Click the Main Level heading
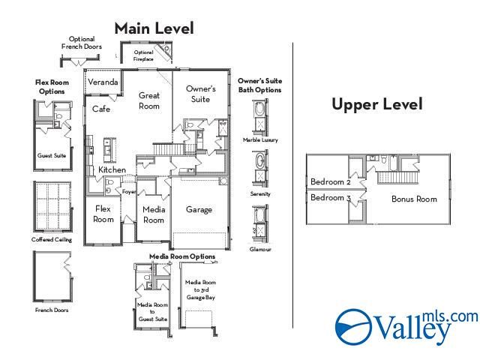(154, 28)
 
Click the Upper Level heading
(376, 104)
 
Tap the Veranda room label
(103, 82)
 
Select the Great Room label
(149, 100)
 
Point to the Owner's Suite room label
(200, 94)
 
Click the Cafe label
(101, 109)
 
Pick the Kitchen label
(112, 170)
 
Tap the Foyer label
(129, 192)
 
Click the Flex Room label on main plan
(103, 214)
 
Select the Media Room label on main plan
(154, 214)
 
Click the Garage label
(199, 210)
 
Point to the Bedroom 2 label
(331, 182)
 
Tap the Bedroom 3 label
(331, 198)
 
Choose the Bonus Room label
(414, 199)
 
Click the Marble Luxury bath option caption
(259, 139)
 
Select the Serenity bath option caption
(260, 194)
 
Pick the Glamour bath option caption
(260, 249)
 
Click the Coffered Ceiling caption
(52, 240)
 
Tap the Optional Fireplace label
(143, 55)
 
